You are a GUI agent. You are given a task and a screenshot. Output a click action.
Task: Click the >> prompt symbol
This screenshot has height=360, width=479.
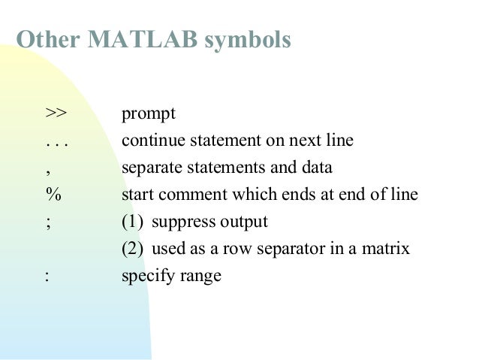coord(56,114)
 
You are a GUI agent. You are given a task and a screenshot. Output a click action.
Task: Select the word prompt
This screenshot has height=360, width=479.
coord(148,116)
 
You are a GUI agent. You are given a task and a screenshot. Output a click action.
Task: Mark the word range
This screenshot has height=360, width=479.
coord(201,277)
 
